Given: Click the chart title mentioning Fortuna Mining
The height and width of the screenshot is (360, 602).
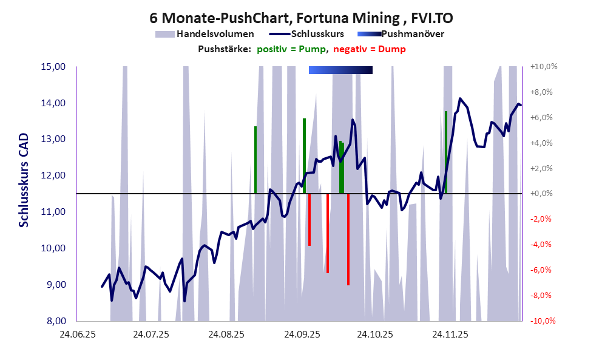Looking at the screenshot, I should pos(301,19).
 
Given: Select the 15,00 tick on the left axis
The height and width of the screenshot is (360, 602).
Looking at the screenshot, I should pos(53,67).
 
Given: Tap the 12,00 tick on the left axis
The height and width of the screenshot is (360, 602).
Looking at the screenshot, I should pos(53,175).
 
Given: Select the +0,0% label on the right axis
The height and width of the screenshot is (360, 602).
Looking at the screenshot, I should pos(544,194).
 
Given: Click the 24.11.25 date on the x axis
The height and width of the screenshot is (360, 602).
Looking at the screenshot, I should pos(450,333).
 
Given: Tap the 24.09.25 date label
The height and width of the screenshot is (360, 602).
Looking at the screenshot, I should pos(300,333).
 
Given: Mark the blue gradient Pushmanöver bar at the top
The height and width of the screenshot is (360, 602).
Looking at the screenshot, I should pos(340,70).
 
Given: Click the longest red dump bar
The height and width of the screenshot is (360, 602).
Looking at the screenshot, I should pos(348,239).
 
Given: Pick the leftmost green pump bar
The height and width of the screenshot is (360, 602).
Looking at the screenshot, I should pos(255,160).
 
